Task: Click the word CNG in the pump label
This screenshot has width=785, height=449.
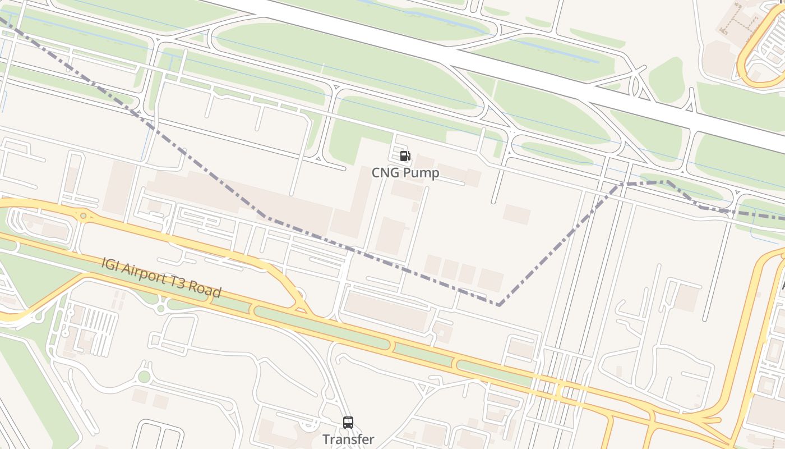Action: point(386,172)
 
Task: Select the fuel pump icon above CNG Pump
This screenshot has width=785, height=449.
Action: point(405,156)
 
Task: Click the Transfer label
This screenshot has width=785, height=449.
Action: point(348,439)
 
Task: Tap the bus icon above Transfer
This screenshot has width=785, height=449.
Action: point(348,423)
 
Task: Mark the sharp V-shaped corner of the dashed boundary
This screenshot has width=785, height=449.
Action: point(498,305)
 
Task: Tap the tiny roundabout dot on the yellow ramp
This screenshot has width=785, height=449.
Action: point(84,216)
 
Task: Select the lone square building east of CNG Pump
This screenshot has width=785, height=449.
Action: point(516,214)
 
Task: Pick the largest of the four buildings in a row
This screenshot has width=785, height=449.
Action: point(490,280)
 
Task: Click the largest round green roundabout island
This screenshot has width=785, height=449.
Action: point(144,377)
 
